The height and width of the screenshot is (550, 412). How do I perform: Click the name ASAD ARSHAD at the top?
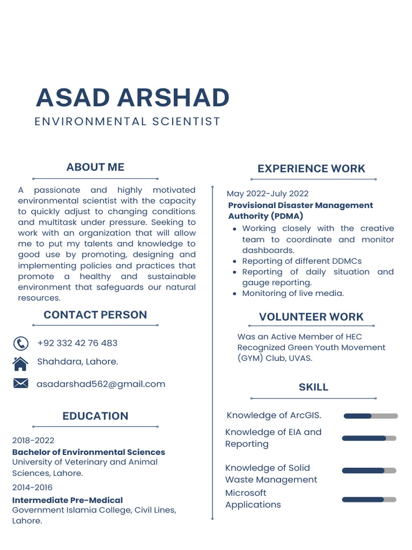pyautogui.click(x=133, y=97)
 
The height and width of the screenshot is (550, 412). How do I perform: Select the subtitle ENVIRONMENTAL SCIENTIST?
pyautogui.click(x=127, y=121)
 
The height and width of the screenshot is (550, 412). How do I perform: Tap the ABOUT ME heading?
pyautogui.click(x=95, y=167)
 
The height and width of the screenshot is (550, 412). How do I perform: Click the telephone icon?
pyautogui.click(x=20, y=343)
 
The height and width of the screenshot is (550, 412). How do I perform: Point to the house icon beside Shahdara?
pyautogui.click(x=20, y=364)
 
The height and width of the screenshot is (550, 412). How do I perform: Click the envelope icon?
pyautogui.click(x=20, y=383)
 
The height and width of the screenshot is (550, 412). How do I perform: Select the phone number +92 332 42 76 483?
pyautogui.click(x=77, y=343)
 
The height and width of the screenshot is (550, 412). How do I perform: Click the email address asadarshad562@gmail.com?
pyautogui.click(x=101, y=384)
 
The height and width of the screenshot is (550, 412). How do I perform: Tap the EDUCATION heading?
pyautogui.click(x=95, y=416)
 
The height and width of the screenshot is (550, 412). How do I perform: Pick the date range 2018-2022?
pyautogui.click(x=33, y=440)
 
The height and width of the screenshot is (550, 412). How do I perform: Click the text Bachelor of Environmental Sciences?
pyautogui.click(x=89, y=452)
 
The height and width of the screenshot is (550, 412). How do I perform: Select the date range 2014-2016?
pyautogui.click(x=32, y=488)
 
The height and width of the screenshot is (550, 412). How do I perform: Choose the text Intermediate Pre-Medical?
pyautogui.click(x=68, y=500)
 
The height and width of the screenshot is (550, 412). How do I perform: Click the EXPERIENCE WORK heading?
pyautogui.click(x=311, y=169)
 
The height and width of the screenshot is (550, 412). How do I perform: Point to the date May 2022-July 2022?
pyautogui.click(x=268, y=193)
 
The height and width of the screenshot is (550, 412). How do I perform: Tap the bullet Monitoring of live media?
pyautogui.click(x=292, y=293)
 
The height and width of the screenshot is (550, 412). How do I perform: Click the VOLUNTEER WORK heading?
pyautogui.click(x=311, y=317)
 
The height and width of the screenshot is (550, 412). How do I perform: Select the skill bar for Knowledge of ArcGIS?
pyautogui.click(x=371, y=416)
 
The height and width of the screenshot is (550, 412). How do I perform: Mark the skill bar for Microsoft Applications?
pyautogui.click(x=369, y=500)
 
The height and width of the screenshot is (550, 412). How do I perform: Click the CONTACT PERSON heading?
pyautogui.click(x=95, y=315)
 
